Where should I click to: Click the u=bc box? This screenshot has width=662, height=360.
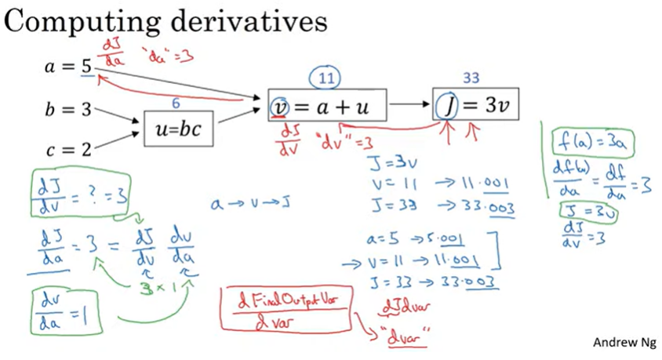(177, 128)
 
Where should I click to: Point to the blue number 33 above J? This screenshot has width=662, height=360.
(471, 78)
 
